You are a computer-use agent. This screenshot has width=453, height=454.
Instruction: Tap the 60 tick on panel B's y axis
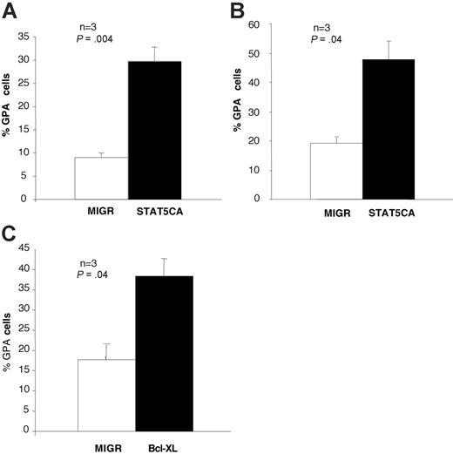[279, 24]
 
